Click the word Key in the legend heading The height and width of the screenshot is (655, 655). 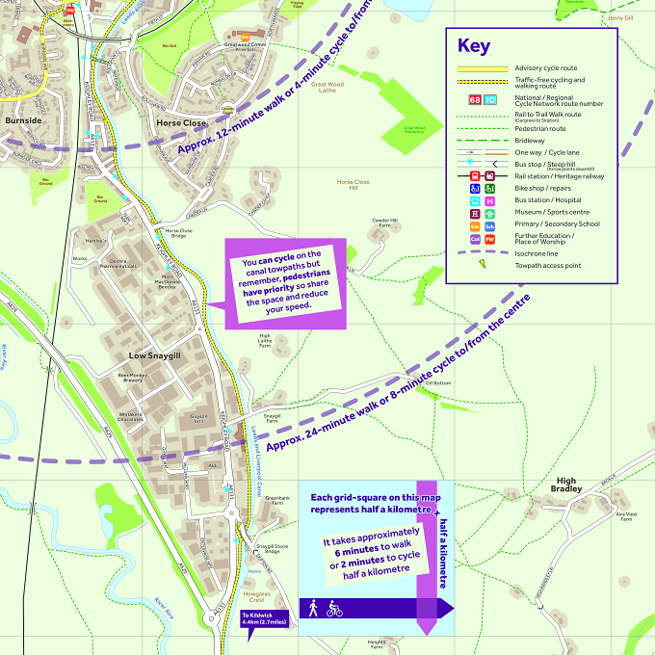pyautogui.click(x=474, y=46)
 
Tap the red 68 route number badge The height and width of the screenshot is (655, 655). pyautogui.click(x=474, y=99)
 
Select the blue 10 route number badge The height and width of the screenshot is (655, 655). pyautogui.click(x=489, y=99)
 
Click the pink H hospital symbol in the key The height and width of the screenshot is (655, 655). pyautogui.click(x=489, y=201)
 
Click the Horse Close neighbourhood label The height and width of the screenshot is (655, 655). pyautogui.click(x=181, y=123)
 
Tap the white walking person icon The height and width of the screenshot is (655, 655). pyautogui.click(x=313, y=609)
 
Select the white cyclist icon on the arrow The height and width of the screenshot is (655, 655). pyautogui.click(x=334, y=609)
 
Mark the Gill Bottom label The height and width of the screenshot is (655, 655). pyautogui.click(x=437, y=382)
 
